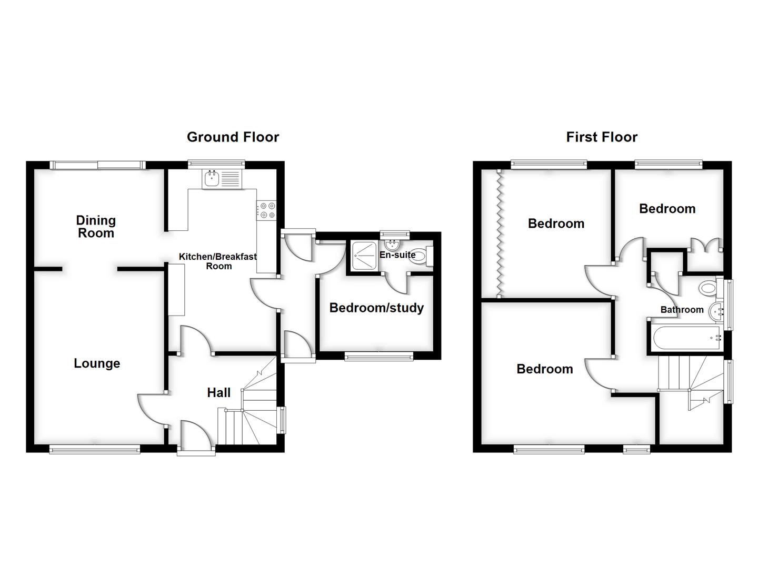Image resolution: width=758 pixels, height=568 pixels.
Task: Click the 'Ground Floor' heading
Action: coord(233,137)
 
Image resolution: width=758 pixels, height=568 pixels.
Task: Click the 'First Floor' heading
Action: coord(602,137)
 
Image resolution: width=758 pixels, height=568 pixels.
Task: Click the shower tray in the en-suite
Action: coord(364,256)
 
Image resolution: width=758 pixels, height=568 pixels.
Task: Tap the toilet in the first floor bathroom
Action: coord(709,288)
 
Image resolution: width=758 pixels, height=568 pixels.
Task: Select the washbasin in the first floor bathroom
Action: coord(716,312)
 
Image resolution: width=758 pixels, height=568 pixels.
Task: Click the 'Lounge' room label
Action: coord(97,363)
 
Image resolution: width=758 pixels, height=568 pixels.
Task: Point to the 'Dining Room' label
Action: coord(96,227)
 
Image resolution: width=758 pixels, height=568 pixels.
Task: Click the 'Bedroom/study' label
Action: coord(376,308)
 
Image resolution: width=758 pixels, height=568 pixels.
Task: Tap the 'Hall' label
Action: coord(218,392)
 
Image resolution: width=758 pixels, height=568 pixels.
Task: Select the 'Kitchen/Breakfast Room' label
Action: coord(218,261)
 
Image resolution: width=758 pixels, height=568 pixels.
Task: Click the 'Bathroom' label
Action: coord(682,310)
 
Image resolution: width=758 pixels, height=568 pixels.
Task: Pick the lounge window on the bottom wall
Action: coord(95,449)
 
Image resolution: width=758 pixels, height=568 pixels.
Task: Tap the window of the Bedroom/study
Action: coord(378,357)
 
